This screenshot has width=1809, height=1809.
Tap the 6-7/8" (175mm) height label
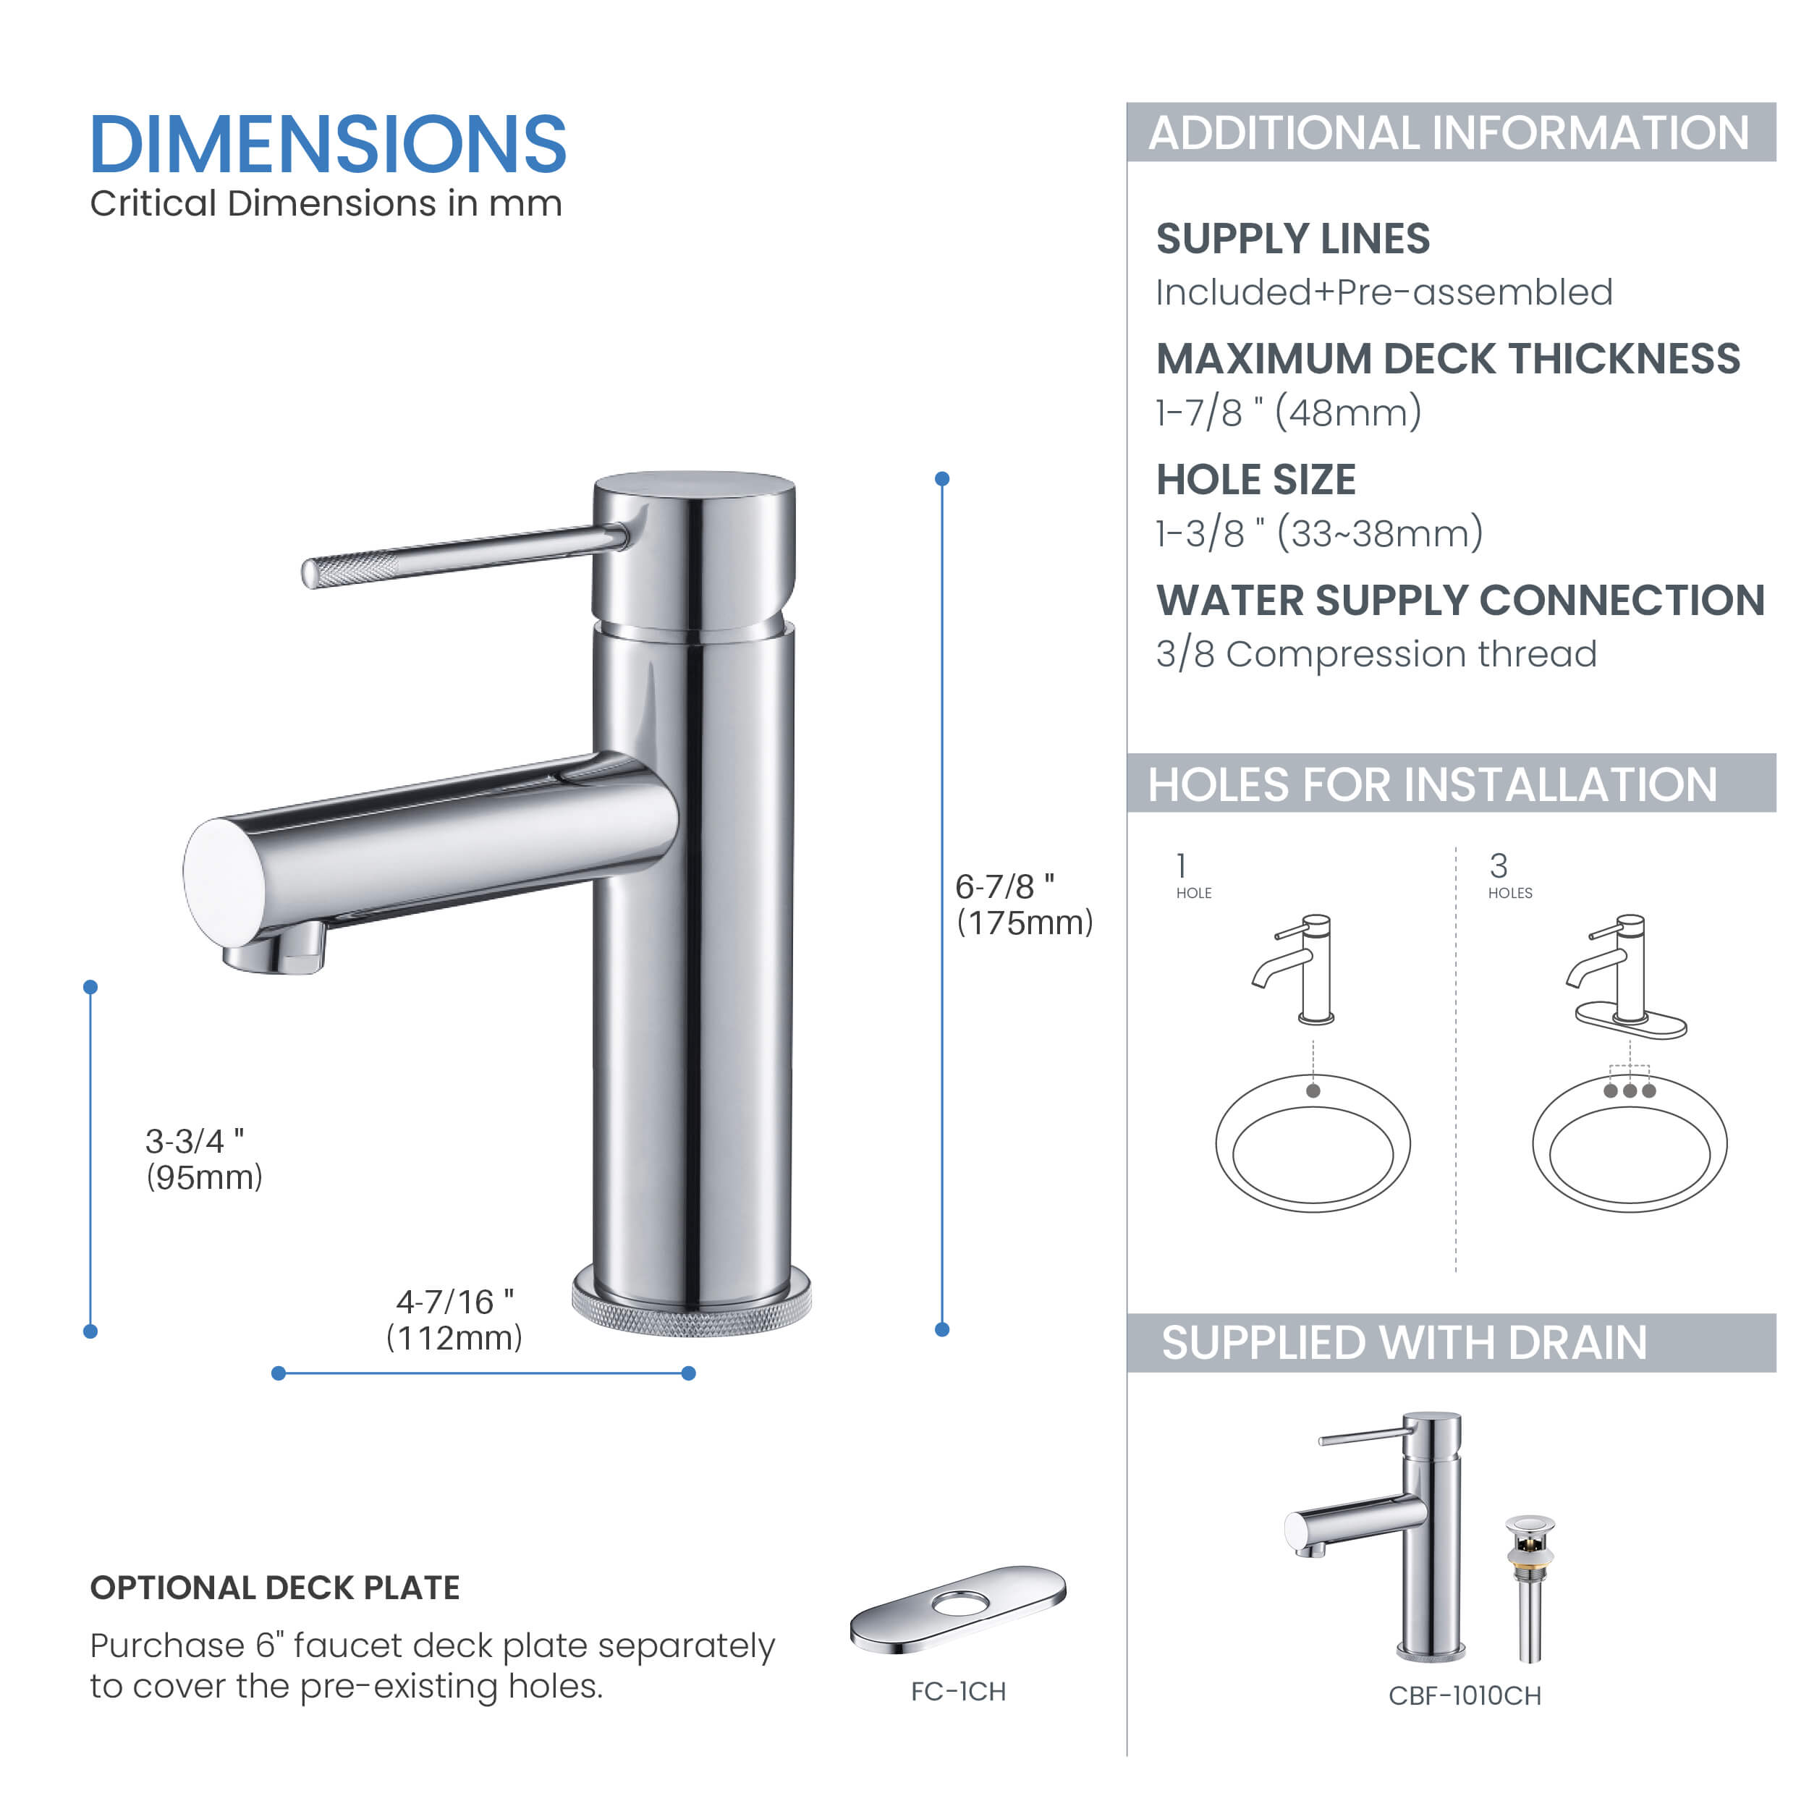click(x=1023, y=904)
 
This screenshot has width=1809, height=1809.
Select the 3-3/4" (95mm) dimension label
click(x=203, y=1159)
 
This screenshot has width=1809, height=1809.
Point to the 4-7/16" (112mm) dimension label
click(x=455, y=1319)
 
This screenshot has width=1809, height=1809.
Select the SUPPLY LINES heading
click(x=1292, y=239)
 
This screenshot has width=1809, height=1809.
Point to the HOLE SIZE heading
click(x=1255, y=480)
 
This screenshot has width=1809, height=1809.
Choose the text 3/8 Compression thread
click(x=1376, y=653)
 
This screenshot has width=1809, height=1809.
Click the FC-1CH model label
click(x=958, y=1692)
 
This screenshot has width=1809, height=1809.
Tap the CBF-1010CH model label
click(x=1465, y=1695)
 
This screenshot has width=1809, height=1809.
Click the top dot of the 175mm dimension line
click(x=942, y=478)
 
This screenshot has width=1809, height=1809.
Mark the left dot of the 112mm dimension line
click(x=278, y=1373)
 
